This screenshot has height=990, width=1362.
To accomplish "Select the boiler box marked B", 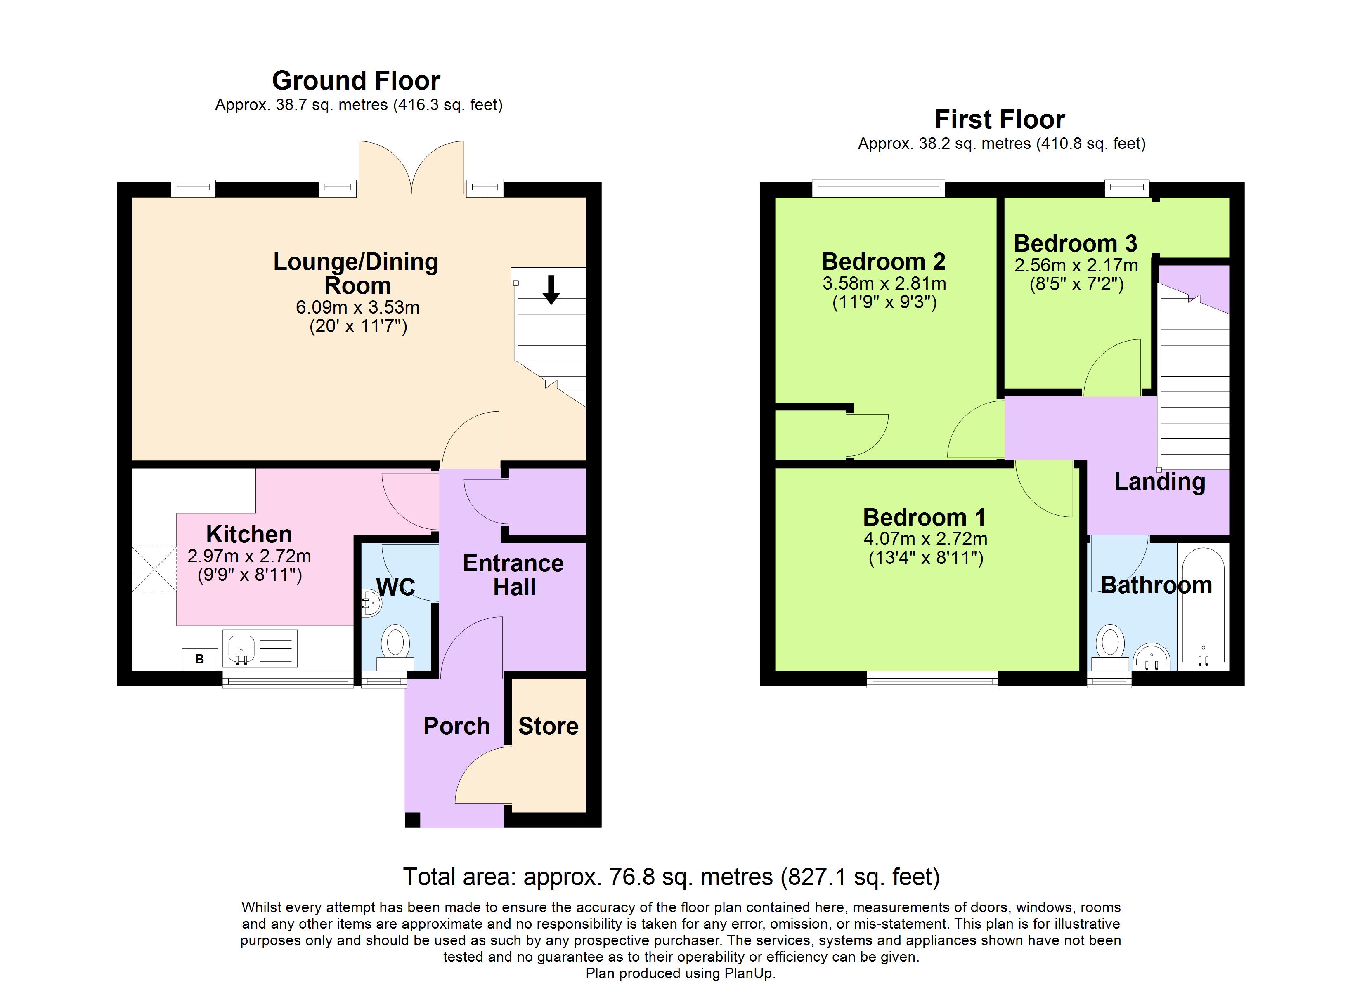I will click(199, 659).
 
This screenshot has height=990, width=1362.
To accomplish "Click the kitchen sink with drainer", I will click(260, 648).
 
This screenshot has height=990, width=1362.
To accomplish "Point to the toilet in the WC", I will click(395, 646).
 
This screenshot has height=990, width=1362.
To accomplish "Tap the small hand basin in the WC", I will click(371, 602).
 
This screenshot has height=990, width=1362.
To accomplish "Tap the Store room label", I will click(548, 726).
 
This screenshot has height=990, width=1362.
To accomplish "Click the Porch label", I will click(456, 726).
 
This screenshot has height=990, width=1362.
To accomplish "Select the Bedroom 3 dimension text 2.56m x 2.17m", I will click(1076, 265).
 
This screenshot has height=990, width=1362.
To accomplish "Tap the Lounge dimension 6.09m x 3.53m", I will click(357, 307).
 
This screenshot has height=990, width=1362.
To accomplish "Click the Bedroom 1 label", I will click(924, 517).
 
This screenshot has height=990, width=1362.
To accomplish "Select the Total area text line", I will click(671, 877).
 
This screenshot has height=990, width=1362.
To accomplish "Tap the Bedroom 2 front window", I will click(878, 188).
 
